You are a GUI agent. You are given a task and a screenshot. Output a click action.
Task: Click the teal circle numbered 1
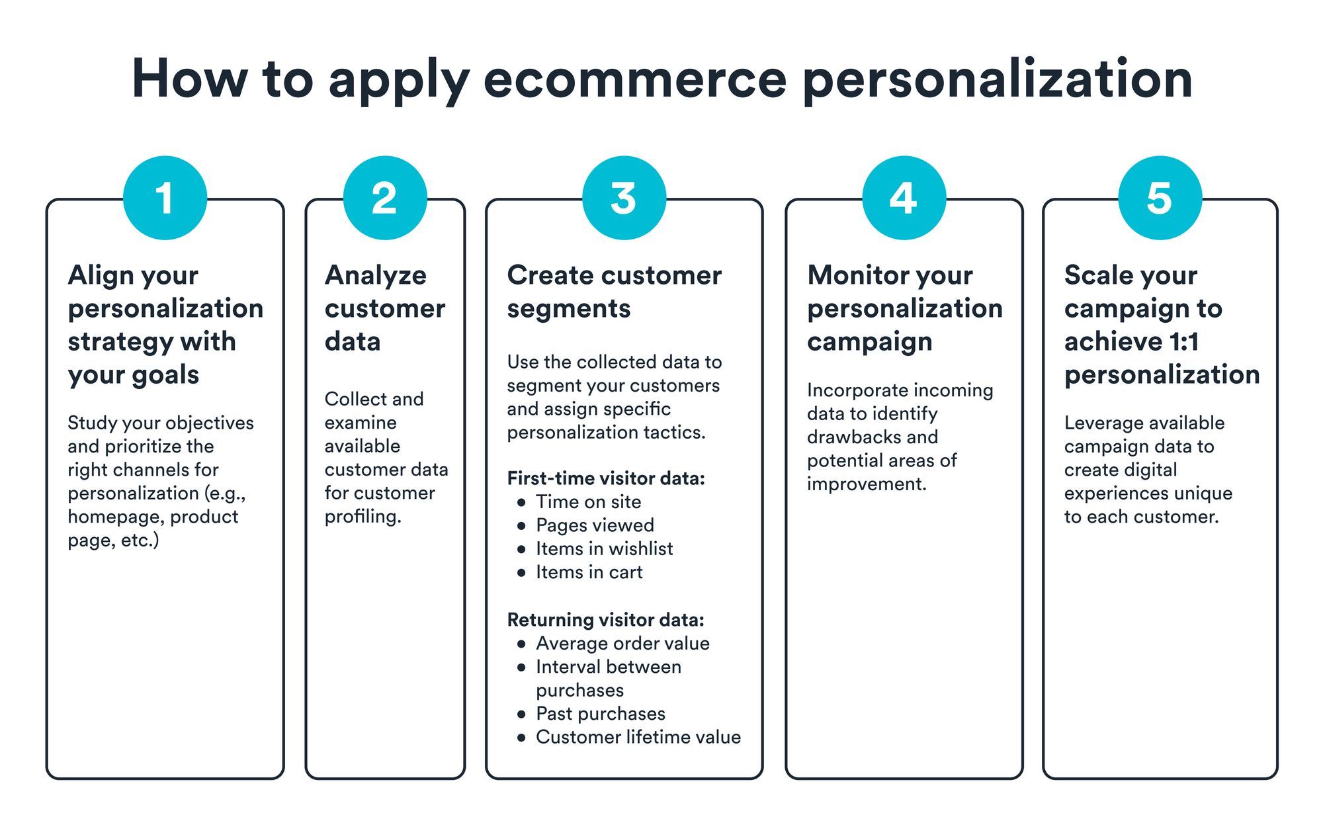coord(165,198)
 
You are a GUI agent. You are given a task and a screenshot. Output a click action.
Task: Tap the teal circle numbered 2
coord(385,198)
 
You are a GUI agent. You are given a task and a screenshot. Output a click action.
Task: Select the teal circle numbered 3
coord(624,198)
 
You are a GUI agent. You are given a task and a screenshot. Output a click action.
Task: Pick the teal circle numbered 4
coord(904,198)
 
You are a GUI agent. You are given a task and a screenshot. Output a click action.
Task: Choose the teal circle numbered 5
coord(1160,198)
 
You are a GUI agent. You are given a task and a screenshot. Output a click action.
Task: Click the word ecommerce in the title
coord(635,79)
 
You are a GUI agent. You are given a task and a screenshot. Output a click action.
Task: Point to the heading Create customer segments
coord(614,292)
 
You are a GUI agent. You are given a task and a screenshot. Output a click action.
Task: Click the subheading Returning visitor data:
coord(605,620)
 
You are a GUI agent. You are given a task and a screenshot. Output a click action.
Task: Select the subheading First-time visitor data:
coord(606,478)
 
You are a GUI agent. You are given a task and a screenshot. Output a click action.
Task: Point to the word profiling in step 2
coord(362,517)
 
